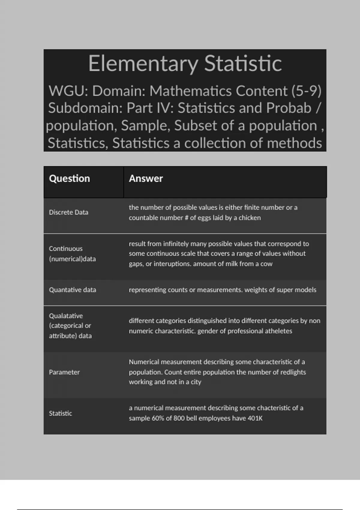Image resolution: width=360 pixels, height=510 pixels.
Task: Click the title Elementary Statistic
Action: click(185, 63)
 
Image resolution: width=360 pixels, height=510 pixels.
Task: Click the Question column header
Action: click(69, 178)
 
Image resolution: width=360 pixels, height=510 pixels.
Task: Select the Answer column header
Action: click(146, 178)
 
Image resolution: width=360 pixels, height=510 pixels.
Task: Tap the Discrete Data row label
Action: click(68, 212)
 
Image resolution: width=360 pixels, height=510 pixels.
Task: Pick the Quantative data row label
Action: click(72, 290)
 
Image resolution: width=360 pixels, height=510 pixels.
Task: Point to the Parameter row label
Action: click(64, 372)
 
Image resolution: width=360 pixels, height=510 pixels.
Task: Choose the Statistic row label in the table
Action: click(60, 413)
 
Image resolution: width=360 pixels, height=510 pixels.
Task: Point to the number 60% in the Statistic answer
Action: click(157, 418)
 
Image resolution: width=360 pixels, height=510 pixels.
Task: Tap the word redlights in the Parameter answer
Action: click(293, 372)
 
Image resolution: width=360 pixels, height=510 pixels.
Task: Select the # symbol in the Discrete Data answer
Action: click(186, 218)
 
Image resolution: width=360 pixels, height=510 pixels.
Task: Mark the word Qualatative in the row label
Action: click(66, 316)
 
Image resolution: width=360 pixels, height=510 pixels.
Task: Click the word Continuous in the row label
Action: click(65, 249)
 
